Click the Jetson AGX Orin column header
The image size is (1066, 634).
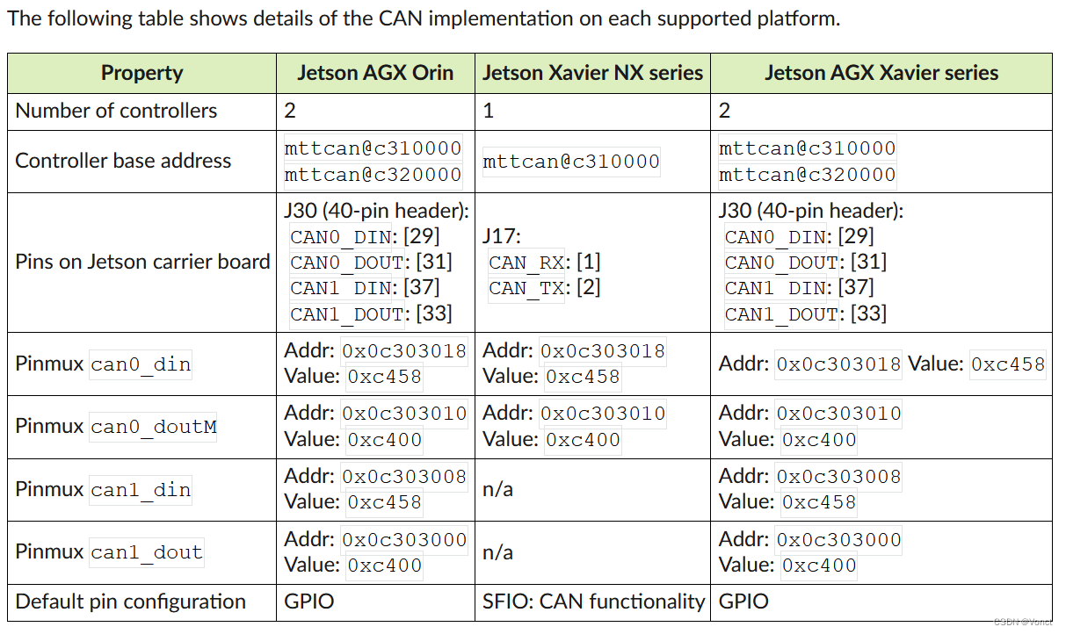coord(375,73)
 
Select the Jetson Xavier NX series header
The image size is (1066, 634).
coord(592,73)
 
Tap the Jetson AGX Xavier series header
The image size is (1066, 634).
coord(881,73)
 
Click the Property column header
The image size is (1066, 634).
coord(141,73)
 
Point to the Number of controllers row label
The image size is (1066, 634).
coord(116,111)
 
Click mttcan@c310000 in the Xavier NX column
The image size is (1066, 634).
coord(571,162)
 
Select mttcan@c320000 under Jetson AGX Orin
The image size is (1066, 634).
coord(373,175)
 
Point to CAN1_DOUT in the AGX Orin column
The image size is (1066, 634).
coord(347,313)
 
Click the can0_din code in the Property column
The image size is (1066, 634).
coord(141,364)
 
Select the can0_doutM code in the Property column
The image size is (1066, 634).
coord(153,428)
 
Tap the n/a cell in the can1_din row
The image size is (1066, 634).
coord(498,489)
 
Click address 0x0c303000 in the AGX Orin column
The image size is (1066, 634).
coord(404,540)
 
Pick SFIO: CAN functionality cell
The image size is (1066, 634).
coord(593,602)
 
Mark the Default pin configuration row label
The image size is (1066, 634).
coord(130,602)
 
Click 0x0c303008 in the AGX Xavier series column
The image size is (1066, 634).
coord(838,477)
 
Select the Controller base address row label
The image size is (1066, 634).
coord(123,161)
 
